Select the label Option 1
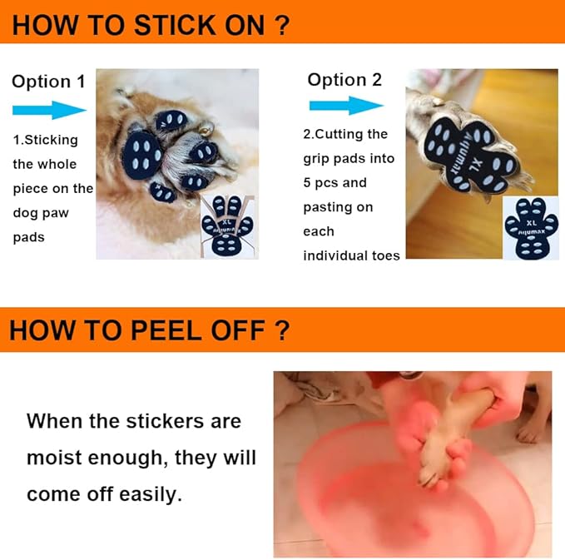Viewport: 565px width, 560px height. pyautogui.click(x=48, y=82)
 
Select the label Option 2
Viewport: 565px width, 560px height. pyautogui.click(x=344, y=80)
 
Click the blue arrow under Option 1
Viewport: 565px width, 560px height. pyautogui.click(x=49, y=110)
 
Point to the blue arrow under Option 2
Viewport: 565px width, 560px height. pyautogui.click(x=346, y=106)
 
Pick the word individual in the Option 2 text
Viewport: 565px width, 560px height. pyautogui.click(x=330, y=255)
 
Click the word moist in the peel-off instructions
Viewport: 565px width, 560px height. pyautogui.click(x=54, y=458)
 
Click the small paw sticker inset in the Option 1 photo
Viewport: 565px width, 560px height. pyautogui.click(x=228, y=226)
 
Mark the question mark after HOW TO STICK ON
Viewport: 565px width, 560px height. pyautogui.click(x=281, y=26)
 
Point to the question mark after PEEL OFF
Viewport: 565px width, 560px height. pyautogui.click(x=281, y=330)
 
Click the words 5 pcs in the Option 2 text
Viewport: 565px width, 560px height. pyautogui.click(x=320, y=183)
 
